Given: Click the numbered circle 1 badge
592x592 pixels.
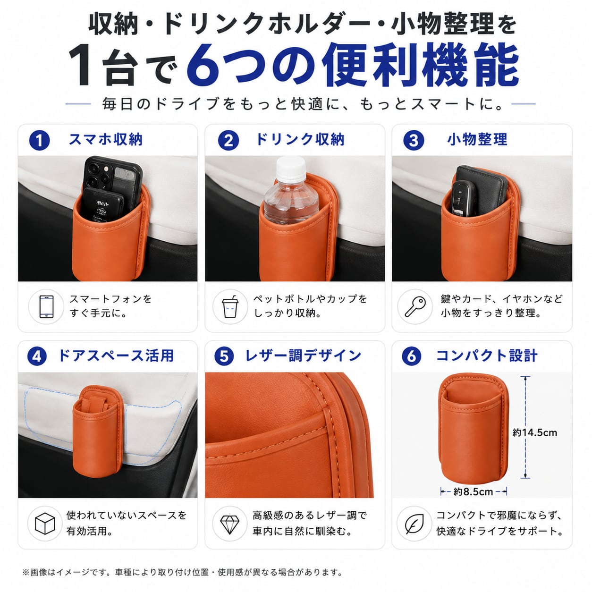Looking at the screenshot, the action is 39,140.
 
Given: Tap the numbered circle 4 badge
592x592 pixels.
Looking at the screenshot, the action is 37,356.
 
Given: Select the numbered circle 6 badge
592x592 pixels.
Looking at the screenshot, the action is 411,356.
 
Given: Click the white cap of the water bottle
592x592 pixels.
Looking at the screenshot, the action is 291,169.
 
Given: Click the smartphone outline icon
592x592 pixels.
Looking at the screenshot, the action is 46,306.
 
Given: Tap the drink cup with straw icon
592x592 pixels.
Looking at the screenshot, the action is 230,306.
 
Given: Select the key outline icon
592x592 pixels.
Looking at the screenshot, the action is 415,306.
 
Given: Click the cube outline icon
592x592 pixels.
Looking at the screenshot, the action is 45,523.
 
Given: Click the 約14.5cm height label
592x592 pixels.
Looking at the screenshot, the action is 534,432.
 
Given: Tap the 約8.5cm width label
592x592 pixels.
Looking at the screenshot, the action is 473,492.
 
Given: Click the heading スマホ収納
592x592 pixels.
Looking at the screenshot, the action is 106,139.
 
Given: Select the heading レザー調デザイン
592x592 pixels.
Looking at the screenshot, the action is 303,355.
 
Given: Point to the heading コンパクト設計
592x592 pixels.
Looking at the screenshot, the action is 487,355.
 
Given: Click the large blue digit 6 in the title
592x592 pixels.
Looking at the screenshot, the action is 203,65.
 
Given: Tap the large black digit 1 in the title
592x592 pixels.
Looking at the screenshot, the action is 80,65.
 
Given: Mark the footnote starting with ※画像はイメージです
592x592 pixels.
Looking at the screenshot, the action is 182,572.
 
